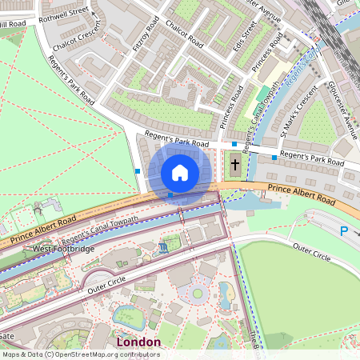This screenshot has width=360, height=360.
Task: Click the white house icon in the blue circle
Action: [x=180, y=173]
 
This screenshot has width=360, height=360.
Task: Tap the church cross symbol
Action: [x=235, y=166]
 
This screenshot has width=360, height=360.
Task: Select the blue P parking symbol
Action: [x=344, y=231]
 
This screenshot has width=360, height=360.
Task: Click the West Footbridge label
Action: [x=63, y=250]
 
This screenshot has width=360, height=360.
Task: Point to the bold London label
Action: [x=138, y=342]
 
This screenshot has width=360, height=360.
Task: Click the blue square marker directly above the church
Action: [x=234, y=144]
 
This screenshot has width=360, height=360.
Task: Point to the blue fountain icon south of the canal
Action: [x=164, y=248]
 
